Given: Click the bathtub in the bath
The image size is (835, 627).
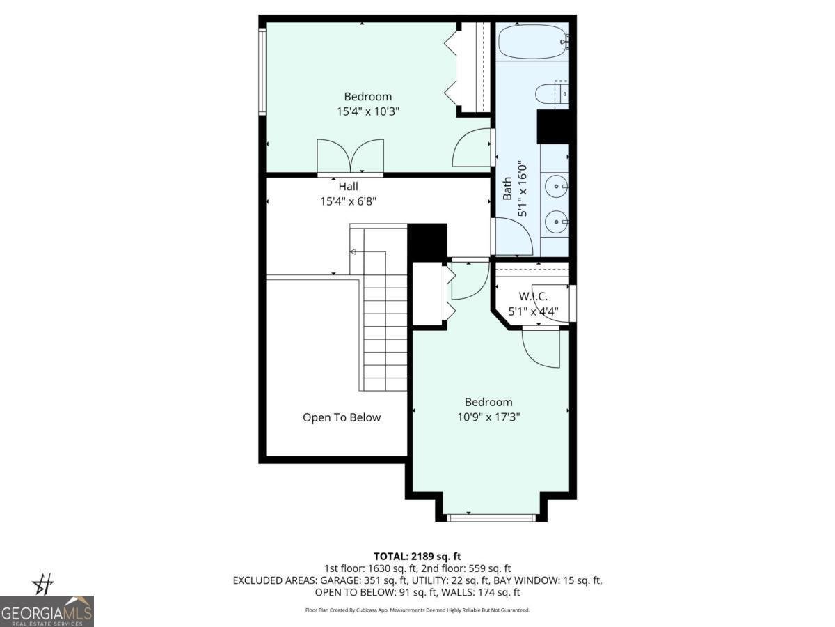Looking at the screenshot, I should (x=533, y=42).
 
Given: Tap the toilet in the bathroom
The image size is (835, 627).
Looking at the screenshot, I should (x=554, y=94).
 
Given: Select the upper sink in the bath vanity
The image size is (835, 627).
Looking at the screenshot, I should (x=555, y=185).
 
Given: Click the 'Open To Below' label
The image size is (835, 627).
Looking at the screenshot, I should (x=342, y=417).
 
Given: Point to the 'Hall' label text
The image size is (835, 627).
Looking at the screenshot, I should (x=349, y=187).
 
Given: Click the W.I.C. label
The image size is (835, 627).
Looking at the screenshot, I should (x=533, y=297).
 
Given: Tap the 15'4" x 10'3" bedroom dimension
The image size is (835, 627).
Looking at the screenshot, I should (x=367, y=111).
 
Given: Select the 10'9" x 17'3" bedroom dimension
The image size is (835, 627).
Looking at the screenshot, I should (x=488, y=417).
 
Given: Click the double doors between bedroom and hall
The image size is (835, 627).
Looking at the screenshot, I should (x=350, y=156).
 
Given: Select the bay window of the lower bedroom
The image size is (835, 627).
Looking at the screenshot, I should (x=491, y=517).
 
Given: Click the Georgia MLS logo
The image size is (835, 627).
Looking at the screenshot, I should (x=47, y=611).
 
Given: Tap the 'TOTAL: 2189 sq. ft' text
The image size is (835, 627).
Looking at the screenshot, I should (x=417, y=556).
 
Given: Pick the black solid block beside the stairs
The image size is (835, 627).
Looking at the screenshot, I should (x=427, y=242).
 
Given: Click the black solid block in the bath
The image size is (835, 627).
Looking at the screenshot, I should (x=554, y=127).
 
